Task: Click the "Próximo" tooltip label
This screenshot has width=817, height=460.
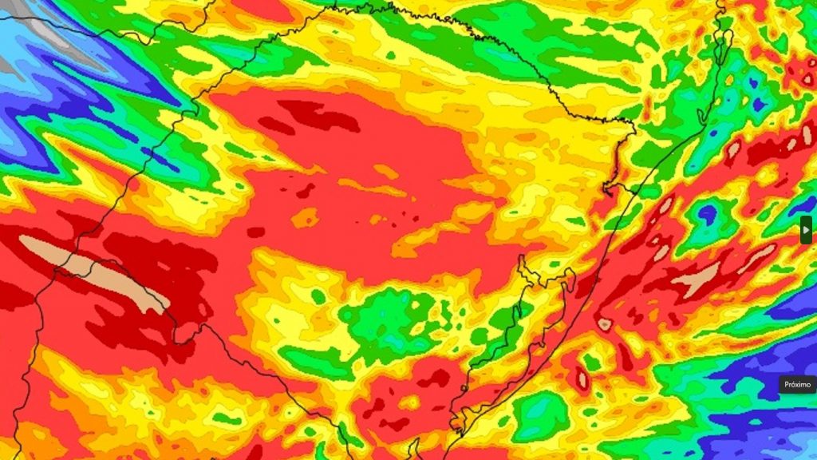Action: (x=797, y=384)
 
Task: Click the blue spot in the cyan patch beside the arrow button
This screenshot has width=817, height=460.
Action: (x=707, y=213)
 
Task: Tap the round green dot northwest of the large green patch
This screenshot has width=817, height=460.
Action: (x=318, y=296)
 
